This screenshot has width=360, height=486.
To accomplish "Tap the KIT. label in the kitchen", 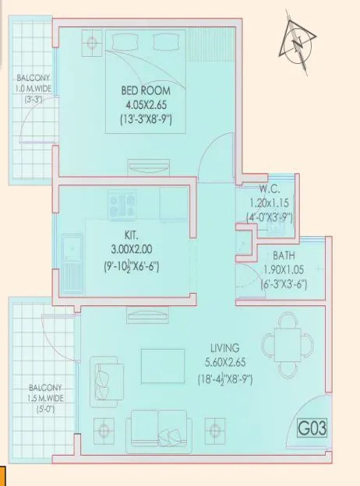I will coord(132,233).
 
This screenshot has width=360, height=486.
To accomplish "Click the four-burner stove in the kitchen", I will coord(123,207).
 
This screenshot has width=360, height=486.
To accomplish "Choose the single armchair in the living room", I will coord(104,376).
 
